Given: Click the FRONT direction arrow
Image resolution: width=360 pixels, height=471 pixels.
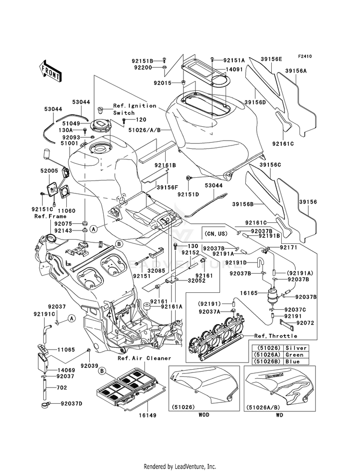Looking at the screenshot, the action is [x=50, y=72].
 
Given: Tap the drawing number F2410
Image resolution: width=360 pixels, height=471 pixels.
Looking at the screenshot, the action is [x=305, y=57].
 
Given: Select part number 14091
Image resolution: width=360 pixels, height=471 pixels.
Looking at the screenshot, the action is [x=234, y=70].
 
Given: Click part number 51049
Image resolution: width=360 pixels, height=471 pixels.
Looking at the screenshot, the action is [x=72, y=123].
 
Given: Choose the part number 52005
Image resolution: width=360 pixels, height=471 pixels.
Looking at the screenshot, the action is [x=49, y=170].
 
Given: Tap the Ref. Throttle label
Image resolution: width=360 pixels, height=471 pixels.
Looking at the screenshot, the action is [x=276, y=336].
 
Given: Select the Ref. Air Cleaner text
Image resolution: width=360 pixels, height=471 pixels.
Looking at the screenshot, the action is [x=144, y=358].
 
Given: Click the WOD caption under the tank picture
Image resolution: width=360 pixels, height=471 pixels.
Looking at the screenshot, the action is [x=204, y=415].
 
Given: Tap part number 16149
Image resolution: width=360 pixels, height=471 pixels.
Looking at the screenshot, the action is [x=147, y=415].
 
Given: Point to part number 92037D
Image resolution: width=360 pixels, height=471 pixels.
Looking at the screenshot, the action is [x=72, y=404].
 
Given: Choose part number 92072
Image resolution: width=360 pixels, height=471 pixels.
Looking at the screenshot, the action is [x=305, y=323].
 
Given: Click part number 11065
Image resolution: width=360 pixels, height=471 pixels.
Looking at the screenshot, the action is [x=66, y=350].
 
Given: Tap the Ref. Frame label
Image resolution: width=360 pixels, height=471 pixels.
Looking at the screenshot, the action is [x=50, y=216].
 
